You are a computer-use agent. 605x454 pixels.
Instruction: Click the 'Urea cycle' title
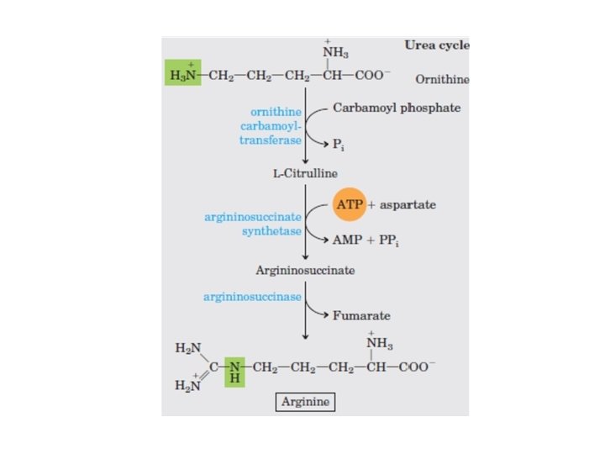(x=437, y=45)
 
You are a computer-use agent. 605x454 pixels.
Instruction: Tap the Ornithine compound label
(x=442, y=80)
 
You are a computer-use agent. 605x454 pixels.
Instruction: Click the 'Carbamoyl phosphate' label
(x=397, y=108)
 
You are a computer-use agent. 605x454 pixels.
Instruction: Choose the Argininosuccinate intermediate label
(x=305, y=271)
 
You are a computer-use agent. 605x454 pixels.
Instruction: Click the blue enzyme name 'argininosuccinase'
(x=253, y=297)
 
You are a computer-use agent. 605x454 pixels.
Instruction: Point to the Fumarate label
(x=361, y=315)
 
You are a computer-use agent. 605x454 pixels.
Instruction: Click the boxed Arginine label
(x=304, y=403)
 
